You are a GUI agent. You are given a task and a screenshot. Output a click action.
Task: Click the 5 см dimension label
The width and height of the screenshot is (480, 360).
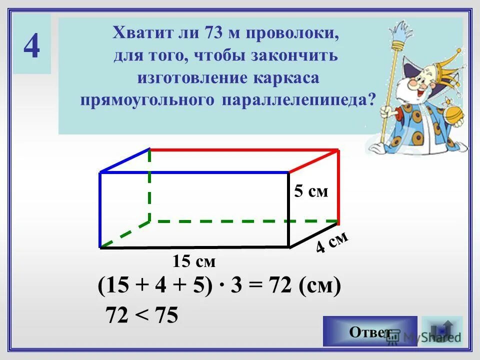click(x=311, y=191)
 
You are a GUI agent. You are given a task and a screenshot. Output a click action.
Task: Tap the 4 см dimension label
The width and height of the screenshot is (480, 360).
click(x=331, y=243)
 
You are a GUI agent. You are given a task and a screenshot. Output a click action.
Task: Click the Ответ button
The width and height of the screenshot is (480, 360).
click(x=370, y=331)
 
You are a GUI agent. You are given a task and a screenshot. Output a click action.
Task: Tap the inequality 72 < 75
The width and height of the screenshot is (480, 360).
click(x=141, y=315)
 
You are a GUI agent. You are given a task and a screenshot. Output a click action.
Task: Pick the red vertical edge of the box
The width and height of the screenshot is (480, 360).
click(x=338, y=185)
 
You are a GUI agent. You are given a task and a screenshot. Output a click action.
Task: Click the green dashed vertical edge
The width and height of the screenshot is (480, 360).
click(x=149, y=185)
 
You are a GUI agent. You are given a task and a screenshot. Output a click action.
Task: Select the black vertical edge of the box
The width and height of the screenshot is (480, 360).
click(x=289, y=210)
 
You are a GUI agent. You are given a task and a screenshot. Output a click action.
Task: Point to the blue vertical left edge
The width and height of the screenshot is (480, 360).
click(x=100, y=210)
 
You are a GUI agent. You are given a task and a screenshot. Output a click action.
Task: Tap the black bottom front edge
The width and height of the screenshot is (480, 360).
click(x=195, y=247)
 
